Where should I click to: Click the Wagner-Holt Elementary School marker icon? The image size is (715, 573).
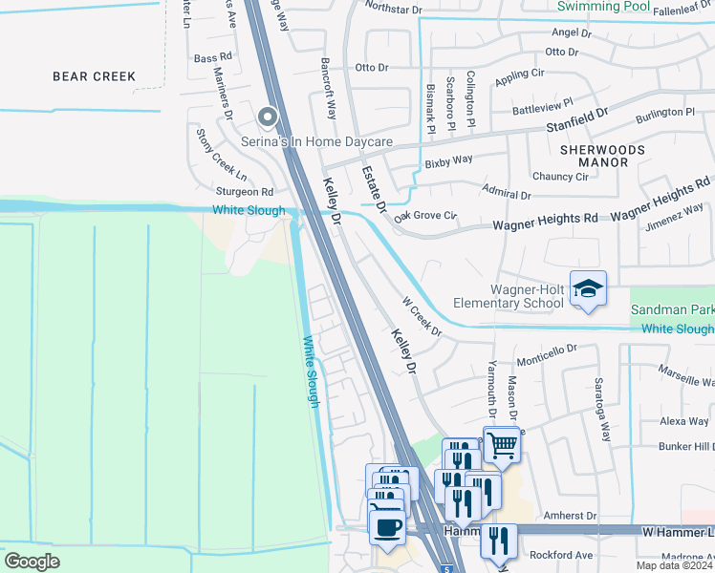(x=589, y=288)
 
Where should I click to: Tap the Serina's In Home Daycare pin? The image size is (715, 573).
(x=268, y=118)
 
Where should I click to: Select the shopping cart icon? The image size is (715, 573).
(x=502, y=445)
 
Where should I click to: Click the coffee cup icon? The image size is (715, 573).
(x=386, y=528)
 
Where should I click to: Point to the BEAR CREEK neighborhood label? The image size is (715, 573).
(x=94, y=76)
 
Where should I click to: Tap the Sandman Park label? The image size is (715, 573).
(x=672, y=310)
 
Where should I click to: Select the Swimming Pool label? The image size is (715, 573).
(x=602, y=6)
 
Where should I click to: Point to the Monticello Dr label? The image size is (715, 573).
(x=547, y=356)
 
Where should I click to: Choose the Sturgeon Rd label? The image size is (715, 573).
(x=247, y=192)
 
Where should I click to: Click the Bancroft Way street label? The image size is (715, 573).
(x=330, y=93)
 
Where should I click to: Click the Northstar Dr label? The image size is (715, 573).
(x=393, y=10)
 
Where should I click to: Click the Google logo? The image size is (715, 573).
(x=32, y=562)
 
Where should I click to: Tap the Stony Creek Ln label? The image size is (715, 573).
(x=222, y=156)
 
